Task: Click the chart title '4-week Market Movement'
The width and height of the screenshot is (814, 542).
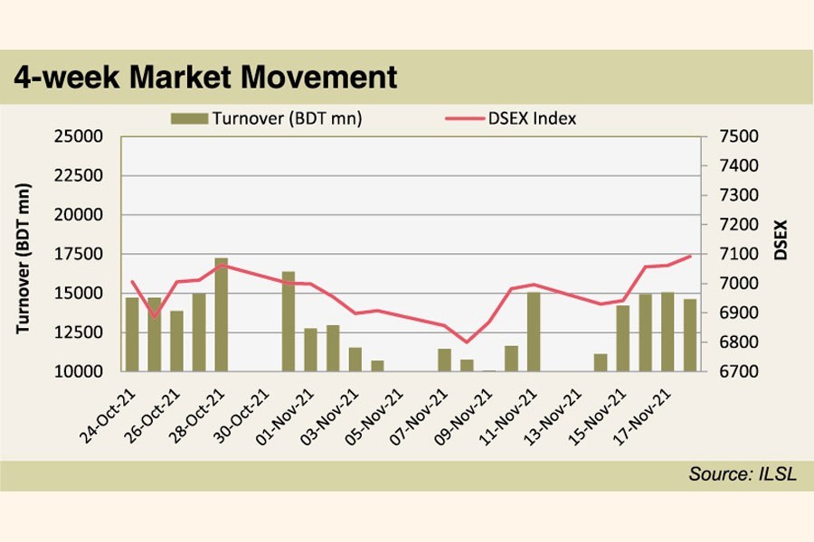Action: [205, 77]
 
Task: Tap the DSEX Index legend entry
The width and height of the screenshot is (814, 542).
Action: [510, 117]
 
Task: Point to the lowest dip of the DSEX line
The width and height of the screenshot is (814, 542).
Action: [467, 342]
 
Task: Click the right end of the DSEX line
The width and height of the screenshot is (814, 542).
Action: [691, 256]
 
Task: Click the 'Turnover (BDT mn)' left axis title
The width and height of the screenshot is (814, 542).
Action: [24, 257]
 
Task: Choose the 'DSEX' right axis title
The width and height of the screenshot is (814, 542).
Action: [780, 240]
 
